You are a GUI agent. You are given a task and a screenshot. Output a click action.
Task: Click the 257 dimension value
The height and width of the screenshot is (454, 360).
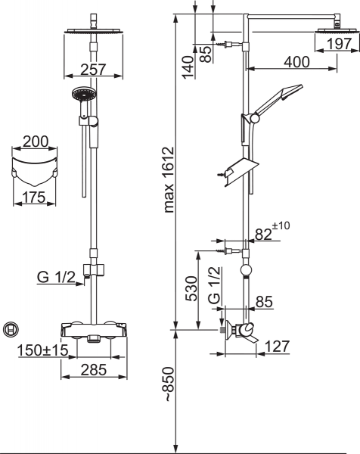tap(93, 70)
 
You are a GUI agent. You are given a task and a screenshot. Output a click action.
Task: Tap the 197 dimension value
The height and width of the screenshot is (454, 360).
tap(339, 44)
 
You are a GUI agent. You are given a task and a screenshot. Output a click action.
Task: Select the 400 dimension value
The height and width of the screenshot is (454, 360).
tap(296, 62)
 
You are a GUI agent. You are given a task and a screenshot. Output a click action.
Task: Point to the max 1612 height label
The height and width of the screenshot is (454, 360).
tap(169, 180)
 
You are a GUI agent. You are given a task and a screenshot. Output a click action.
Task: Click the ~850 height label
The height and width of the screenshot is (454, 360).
tap(169, 384)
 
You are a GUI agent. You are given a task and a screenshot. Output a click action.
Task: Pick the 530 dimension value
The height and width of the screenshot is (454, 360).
tap(191, 288)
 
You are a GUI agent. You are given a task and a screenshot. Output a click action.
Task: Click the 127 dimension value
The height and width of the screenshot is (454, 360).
tap(277, 347)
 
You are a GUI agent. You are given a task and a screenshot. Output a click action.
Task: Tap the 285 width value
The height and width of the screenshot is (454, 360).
tap(94, 370)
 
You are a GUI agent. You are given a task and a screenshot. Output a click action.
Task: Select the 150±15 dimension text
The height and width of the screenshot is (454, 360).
tap(43, 350)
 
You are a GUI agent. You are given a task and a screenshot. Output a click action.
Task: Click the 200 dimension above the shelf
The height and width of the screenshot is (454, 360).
tap(36, 142)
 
